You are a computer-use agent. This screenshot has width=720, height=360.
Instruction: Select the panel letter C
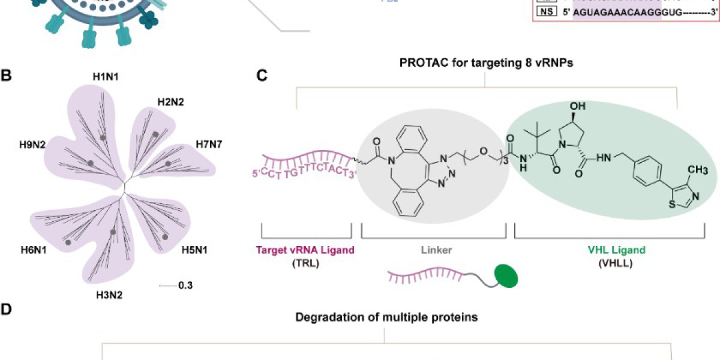262,76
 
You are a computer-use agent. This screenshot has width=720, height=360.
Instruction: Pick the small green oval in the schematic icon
506,277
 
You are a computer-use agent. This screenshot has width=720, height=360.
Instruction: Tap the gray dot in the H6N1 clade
67,242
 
